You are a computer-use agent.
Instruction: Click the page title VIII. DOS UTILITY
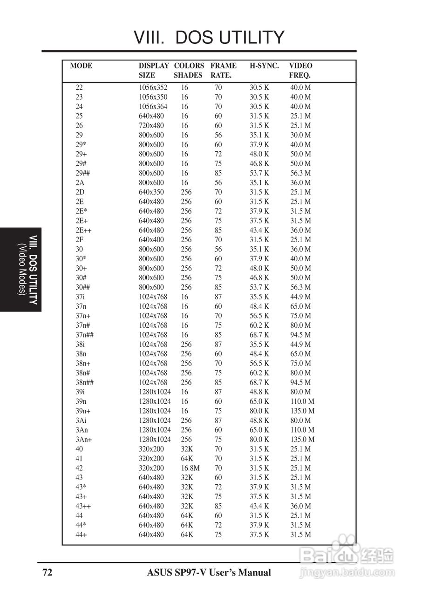click(x=209, y=37)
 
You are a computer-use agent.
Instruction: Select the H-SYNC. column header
click(x=264, y=66)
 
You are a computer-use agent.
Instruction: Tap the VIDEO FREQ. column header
click(x=300, y=70)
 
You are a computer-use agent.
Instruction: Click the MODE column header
click(x=81, y=66)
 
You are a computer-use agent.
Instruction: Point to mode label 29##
click(x=82, y=173)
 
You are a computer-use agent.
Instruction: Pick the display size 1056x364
click(x=153, y=107)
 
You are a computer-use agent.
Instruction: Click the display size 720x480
click(x=151, y=126)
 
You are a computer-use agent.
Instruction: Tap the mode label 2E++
click(x=83, y=230)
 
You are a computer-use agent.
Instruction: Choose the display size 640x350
click(x=151, y=192)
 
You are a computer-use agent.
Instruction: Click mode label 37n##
click(x=85, y=335)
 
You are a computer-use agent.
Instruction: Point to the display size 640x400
click(x=151, y=240)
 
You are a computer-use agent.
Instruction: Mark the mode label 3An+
click(x=84, y=440)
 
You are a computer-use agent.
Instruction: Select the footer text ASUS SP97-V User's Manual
click(x=209, y=573)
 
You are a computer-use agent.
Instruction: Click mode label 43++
click(x=83, y=506)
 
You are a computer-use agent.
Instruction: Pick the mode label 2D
click(x=80, y=192)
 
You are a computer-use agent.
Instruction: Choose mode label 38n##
click(x=85, y=382)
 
